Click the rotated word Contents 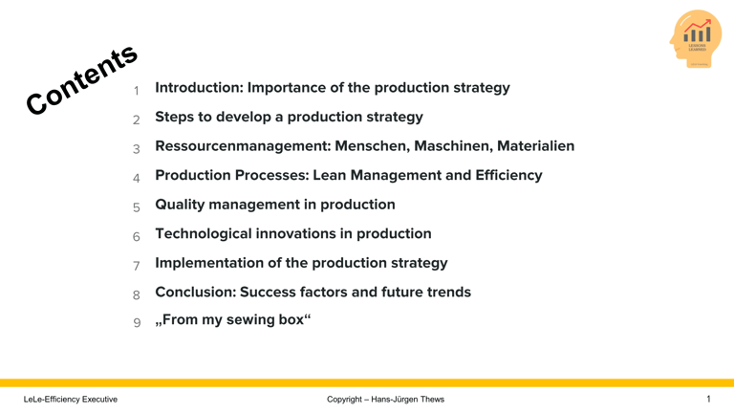[x=82, y=81]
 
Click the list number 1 [x=137, y=92]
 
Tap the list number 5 [x=137, y=207]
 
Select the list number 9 [x=137, y=323]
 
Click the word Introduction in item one [x=197, y=88]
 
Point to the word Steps [x=176, y=117]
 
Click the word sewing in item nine [x=250, y=320]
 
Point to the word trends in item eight [x=447, y=292]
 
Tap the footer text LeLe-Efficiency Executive [x=71, y=399]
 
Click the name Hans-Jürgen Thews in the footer [x=408, y=399]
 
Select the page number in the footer [x=708, y=399]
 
